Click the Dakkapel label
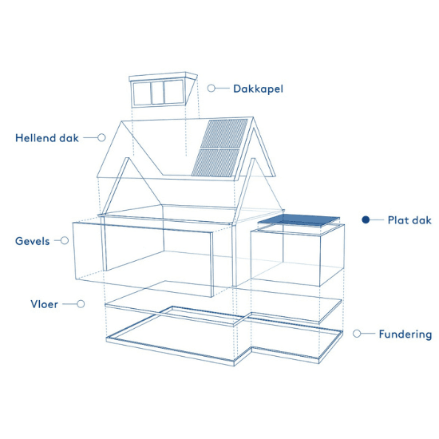pyautogui.click(x=258, y=89)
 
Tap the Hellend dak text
pyautogui.click(x=47, y=138)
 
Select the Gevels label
pyautogui.click(x=32, y=241)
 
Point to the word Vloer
pyautogui.click(x=44, y=304)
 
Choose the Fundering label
pyautogui.click(x=405, y=334)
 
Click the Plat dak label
pyautogui.click(x=409, y=220)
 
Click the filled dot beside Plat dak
pyautogui.click(x=366, y=219)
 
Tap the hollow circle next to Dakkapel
pyautogui.click(x=212, y=88)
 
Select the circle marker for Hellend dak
pyautogui.click(x=101, y=137)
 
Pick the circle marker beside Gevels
pyautogui.click(x=65, y=240)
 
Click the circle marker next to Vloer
pyautogui.click(x=81, y=304)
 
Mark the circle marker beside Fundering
pyautogui.click(x=357, y=334)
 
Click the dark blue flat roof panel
pyautogui.click(x=299, y=220)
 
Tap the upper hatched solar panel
pyautogui.click(x=224, y=133)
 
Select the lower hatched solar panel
pyautogui.click(x=216, y=163)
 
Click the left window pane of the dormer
pyautogui.click(x=142, y=93)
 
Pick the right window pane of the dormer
pyautogui.click(x=174, y=92)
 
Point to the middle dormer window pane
pyautogui.click(x=157, y=93)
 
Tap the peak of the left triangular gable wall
pyautogui.click(x=128, y=158)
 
